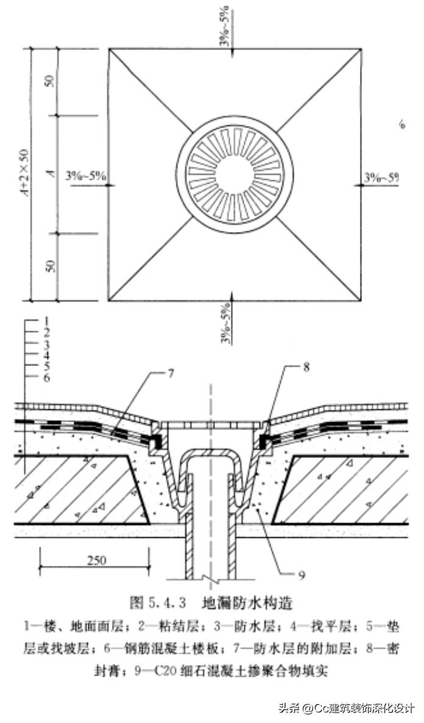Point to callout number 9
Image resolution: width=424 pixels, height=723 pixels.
[301, 574]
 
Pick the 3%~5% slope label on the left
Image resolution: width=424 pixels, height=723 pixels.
[87, 177]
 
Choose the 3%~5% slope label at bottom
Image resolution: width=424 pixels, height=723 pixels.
[226, 323]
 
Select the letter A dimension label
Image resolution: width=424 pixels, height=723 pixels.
[53, 174]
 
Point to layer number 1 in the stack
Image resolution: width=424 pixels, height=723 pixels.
[46, 320]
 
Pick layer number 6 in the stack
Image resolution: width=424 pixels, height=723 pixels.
[46, 378]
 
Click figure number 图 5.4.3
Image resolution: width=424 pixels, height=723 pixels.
[161, 603]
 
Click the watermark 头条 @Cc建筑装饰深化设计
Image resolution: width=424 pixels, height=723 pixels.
[345, 708]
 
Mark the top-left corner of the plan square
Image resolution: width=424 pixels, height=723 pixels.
[109, 49]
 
